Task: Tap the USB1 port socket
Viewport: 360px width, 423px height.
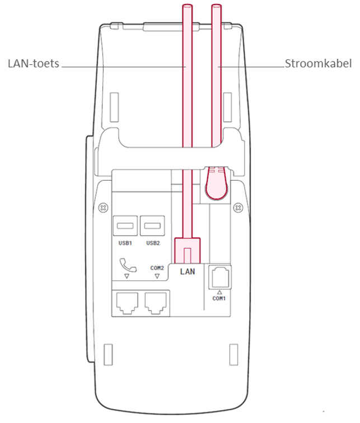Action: pyautogui.click(x=125, y=227)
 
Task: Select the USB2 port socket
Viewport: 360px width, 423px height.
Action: pyautogui.click(x=153, y=227)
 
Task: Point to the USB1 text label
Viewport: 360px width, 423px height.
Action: pyautogui.click(x=125, y=243)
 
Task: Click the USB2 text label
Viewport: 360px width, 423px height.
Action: pyautogui.click(x=153, y=243)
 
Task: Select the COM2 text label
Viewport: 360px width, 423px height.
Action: pyautogui.click(x=158, y=267)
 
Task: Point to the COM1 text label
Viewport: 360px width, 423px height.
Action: pyautogui.click(x=219, y=298)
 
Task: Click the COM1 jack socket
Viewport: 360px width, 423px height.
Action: pyautogui.click(x=219, y=276)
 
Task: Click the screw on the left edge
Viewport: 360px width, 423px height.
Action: pyautogui.click(x=103, y=208)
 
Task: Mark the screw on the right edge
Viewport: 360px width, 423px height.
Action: pyautogui.click(x=240, y=208)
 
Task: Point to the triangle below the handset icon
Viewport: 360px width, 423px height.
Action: pyautogui.click(x=127, y=276)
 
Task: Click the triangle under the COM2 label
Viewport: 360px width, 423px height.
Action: pyautogui.click(x=158, y=276)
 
